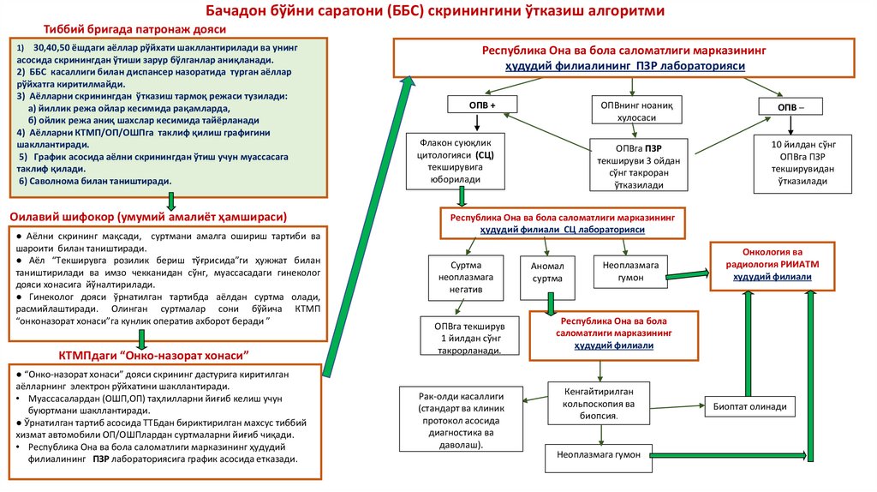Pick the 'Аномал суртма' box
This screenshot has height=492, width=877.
tap(547, 273)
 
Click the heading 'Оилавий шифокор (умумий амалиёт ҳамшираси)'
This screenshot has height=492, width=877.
tap(147, 215)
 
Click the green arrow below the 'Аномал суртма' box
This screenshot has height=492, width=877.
tap(549, 303)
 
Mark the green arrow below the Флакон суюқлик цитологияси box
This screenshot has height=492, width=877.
tap(462, 197)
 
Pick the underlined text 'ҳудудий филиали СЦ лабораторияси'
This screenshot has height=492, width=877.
tap(562, 231)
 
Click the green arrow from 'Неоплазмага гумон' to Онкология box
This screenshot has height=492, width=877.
tap(686, 274)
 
